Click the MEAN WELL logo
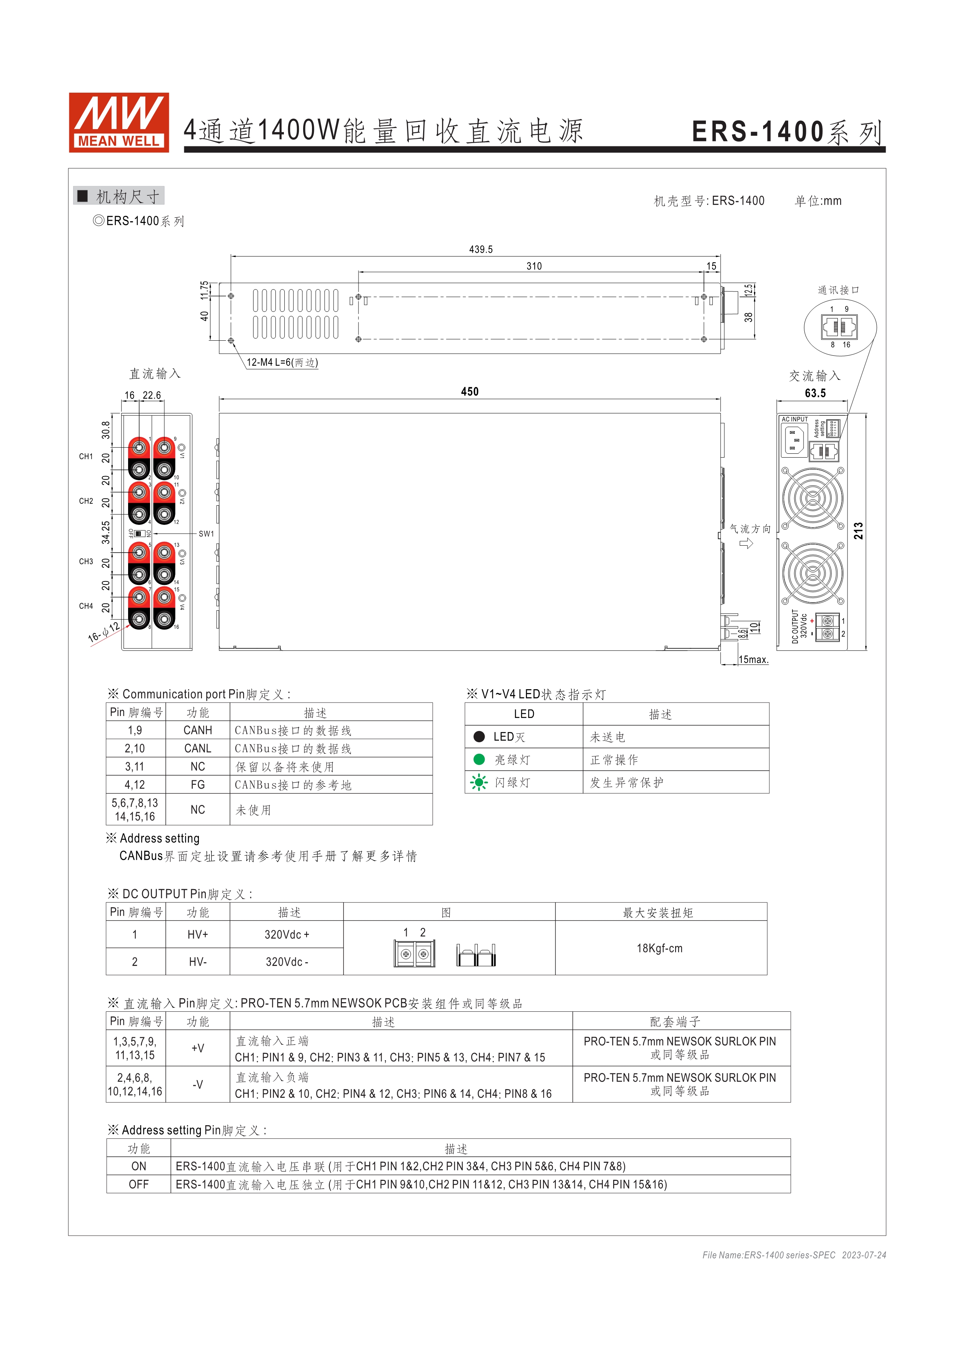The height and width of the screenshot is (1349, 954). pos(119,122)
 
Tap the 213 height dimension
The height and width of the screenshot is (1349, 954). pos(858,531)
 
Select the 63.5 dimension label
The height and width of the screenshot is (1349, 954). pos(815,393)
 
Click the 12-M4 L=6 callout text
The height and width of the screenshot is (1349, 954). pos(282,363)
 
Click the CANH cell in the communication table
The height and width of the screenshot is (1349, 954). pos(197,730)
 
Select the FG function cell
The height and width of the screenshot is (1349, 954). pos(197,785)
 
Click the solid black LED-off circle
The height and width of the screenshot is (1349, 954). pos(479,737)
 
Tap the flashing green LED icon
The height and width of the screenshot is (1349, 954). pos(479,782)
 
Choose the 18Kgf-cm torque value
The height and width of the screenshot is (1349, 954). pos(659,948)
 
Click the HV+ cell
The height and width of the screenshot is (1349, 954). pos(197,935)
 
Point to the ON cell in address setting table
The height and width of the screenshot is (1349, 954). pos(139,1166)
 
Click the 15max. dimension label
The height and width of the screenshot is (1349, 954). pos(754,660)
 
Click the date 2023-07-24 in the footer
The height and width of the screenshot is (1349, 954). pos(864,1255)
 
